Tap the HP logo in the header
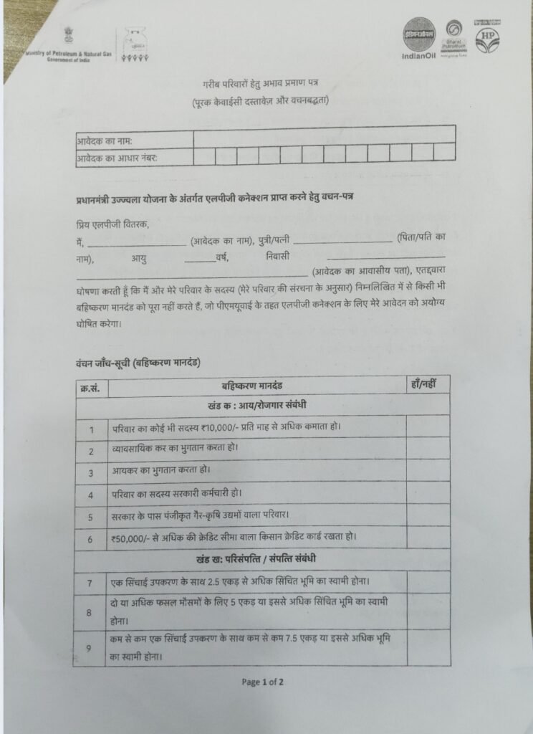487,39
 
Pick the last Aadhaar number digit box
444,151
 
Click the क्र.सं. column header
90,389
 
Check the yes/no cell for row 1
428,426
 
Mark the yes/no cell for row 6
428,536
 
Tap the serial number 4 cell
91,495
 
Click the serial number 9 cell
89,648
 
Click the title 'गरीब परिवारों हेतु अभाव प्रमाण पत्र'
261,85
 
